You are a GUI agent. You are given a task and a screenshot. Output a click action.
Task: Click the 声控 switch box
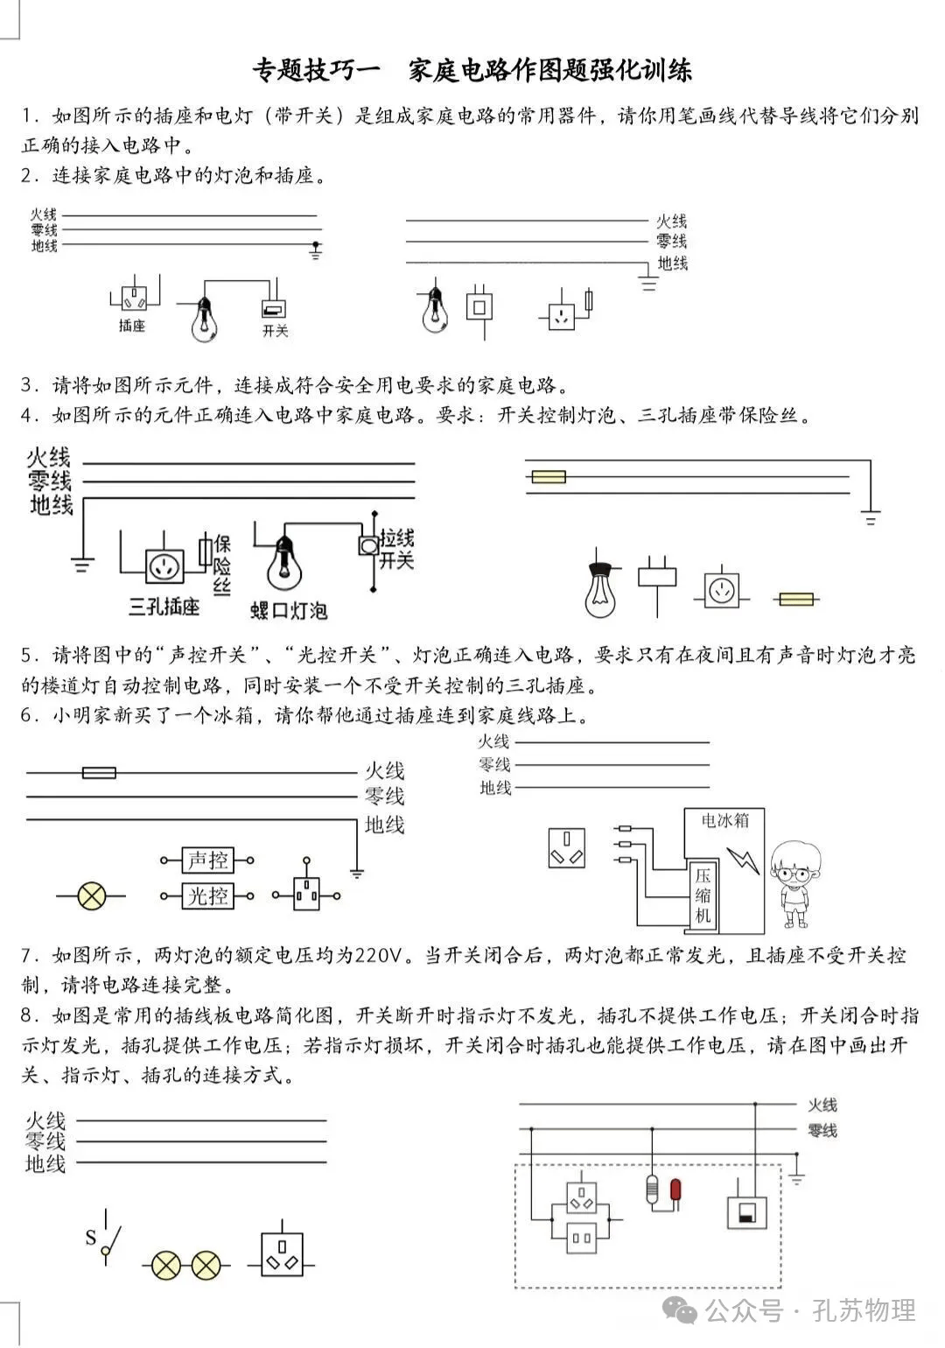(207, 860)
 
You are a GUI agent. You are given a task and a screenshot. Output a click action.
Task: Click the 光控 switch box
(207, 895)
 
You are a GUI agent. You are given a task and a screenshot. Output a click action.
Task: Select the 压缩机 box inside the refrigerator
(703, 894)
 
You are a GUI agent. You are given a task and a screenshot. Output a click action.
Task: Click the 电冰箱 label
(725, 820)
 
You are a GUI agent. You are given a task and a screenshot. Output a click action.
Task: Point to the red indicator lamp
(675, 1190)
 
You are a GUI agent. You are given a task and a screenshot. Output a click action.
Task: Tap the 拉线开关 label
(396, 549)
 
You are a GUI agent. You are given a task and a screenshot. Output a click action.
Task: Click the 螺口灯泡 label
(289, 610)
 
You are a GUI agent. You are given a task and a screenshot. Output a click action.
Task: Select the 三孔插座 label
(164, 606)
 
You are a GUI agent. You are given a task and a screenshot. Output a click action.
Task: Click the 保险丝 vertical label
(222, 565)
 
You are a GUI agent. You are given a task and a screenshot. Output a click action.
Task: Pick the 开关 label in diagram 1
(275, 332)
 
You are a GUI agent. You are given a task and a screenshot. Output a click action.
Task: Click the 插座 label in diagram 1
(132, 326)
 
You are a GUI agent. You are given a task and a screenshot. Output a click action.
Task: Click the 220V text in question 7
(382, 954)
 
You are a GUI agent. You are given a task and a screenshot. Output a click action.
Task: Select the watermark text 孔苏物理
(864, 1310)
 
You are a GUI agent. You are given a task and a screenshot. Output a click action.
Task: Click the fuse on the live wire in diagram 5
(99, 773)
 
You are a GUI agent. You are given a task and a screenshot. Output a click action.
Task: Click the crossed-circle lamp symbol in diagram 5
(92, 895)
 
